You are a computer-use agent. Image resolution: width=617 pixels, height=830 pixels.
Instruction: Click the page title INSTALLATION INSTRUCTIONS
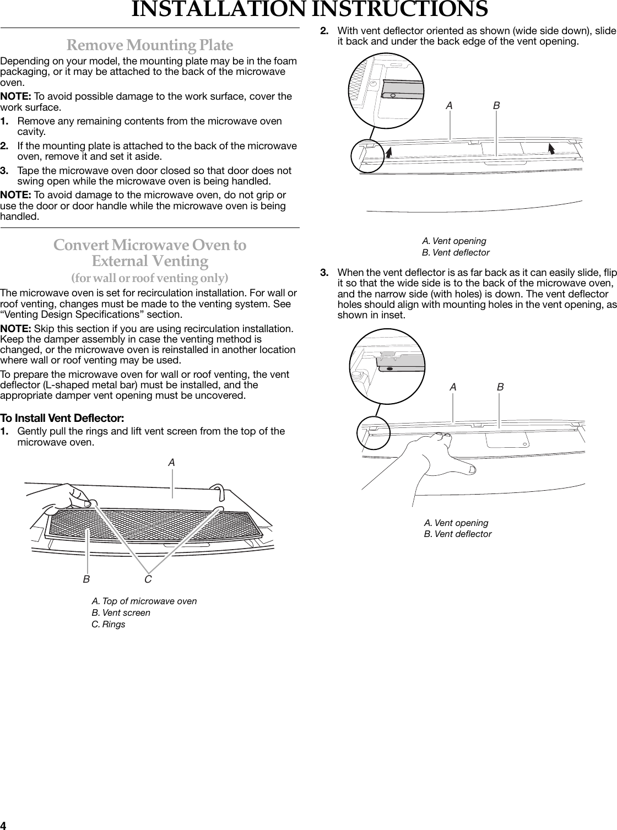[x=309, y=10]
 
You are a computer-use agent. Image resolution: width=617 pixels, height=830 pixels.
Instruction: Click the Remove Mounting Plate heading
[x=150, y=45]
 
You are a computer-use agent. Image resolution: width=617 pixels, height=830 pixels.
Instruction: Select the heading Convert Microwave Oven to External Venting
[x=150, y=252]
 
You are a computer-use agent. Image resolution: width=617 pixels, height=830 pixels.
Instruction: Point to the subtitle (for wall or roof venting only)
[x=150, y=276]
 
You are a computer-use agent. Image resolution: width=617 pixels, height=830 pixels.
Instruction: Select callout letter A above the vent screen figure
[x=172, y=463]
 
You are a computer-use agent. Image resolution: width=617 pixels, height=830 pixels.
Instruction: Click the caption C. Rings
[x=108, y=625]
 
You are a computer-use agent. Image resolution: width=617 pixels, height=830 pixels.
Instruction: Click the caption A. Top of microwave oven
[x=144, y=601]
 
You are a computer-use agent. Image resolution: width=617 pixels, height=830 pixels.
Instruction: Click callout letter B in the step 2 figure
[x=497, y=105]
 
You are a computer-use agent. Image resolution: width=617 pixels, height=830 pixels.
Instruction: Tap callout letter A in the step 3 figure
[x=453, y=388]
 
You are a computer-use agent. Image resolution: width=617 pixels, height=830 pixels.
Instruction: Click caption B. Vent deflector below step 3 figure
[x=457, y=534]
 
